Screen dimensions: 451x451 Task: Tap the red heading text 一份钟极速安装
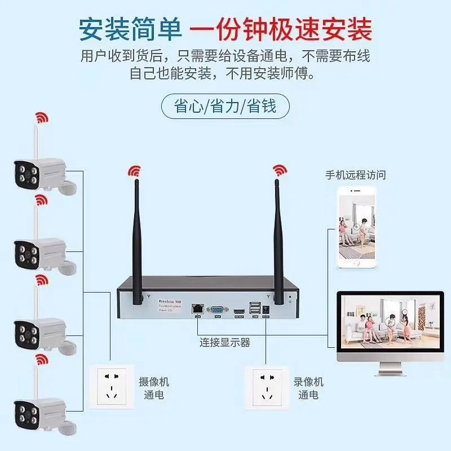[x=280, y=29]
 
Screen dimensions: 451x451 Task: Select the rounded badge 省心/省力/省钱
[x=225, y=105]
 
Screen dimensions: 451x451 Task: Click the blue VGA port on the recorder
[x=217, y=309]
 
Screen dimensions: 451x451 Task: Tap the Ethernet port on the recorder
[x=197, y=308]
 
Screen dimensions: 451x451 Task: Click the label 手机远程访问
[x=356, y=175]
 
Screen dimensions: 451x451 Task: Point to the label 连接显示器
[x=224, y=342]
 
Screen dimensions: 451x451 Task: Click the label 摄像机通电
[x=153, y=388]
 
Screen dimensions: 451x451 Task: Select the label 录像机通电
[x=308, y=388]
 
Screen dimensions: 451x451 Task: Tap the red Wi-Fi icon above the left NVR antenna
[x=134, y=169]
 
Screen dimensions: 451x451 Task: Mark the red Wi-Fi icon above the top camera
[x=41, y=117]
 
